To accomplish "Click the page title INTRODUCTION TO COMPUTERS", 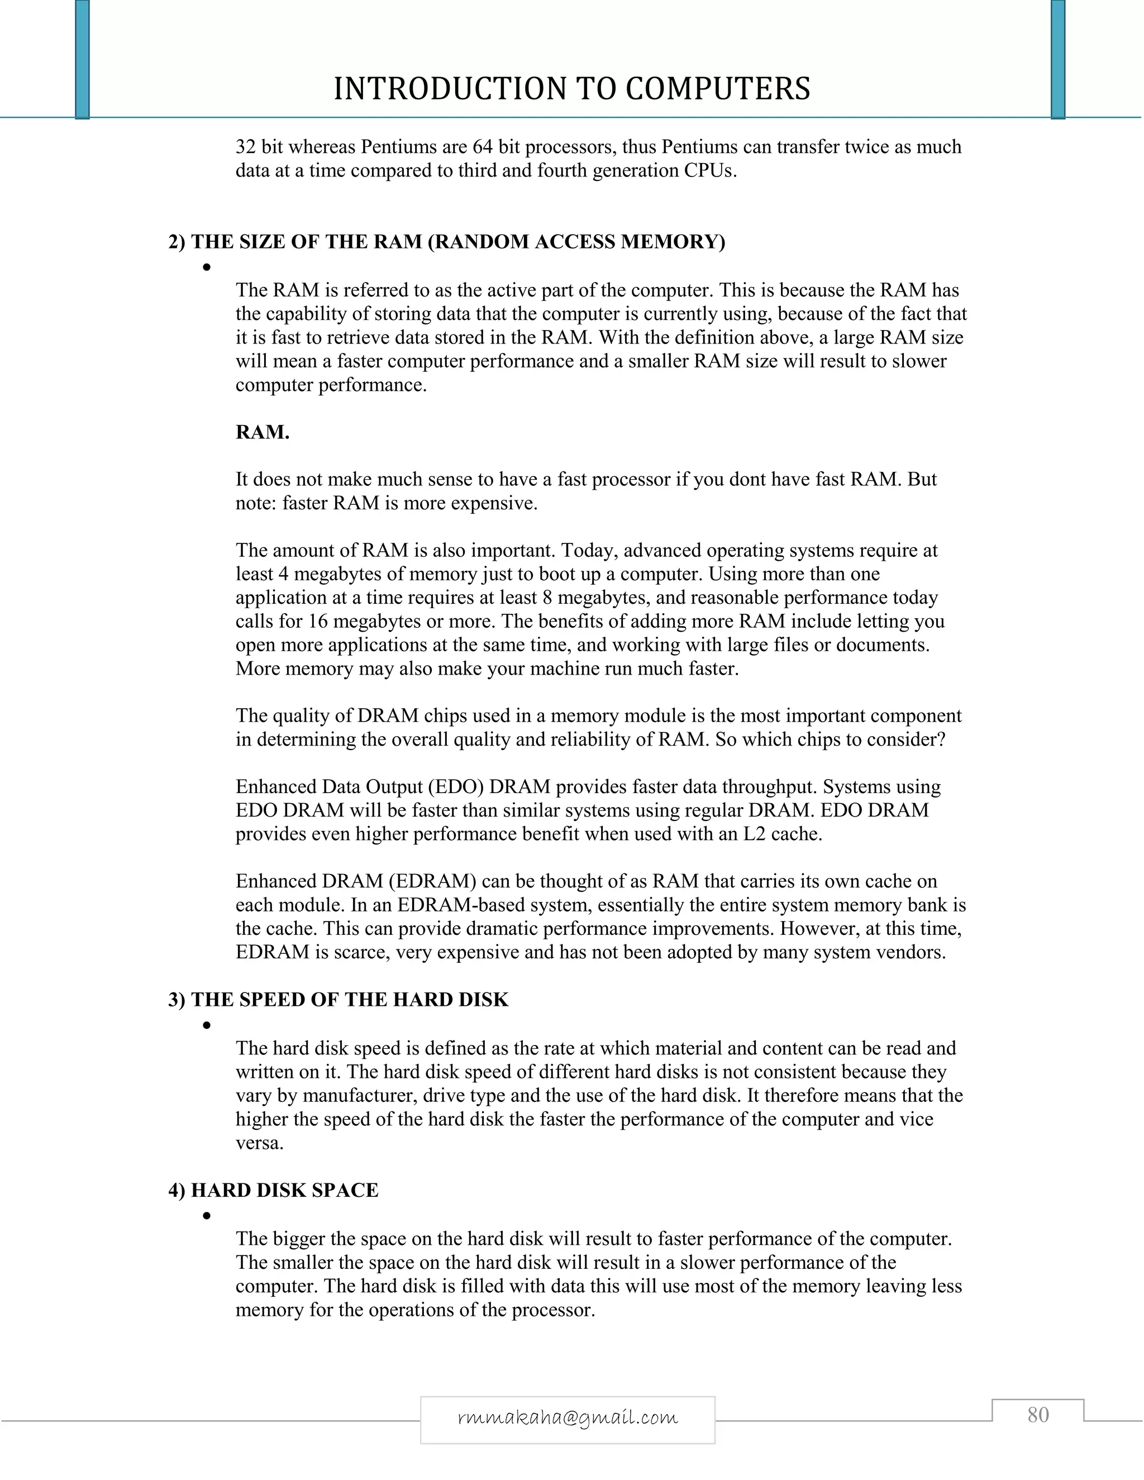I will click(571, 89).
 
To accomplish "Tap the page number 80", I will click(1038, 1415).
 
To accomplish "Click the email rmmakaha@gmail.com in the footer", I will click(568, 1417).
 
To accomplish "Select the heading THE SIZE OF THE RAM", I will click(447, 242).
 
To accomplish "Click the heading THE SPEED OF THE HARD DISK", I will click(338, 1000).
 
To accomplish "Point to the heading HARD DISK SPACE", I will click(273, 1190).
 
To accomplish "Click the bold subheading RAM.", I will click(263, 432).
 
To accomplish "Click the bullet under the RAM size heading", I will click(206, 268).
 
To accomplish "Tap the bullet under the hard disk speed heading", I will click(206, 1025).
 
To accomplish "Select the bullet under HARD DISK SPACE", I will click(206, 1216).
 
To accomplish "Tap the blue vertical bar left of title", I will click(82, 60).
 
